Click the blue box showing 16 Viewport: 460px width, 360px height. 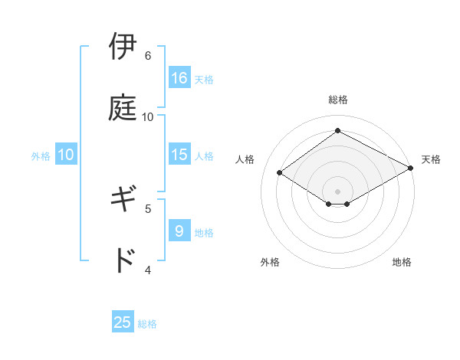(x=179, y=77)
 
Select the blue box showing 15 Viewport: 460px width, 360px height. (x=179, y=155)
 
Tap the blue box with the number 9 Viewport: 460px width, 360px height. (x=179, y=231)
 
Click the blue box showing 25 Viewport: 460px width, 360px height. (x=123, y=322)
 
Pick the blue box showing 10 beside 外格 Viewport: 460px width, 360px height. (x=66, y=155)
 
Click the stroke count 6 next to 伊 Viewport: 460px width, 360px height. (x=148, y=56)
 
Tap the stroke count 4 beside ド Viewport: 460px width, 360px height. (x=148, y=270)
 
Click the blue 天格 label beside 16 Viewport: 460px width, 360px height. (x=204, y=79)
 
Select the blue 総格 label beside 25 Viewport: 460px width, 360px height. (x=147, y=324)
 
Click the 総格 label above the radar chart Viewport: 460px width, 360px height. (x=338, y=100)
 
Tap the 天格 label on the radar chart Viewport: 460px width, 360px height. (x=431, y=159)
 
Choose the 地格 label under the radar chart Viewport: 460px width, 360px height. (x=402, y=262)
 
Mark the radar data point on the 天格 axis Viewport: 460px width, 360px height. (x=411, y=169)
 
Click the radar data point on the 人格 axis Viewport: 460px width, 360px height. (x=280, y=173)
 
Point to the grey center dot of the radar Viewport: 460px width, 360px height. (x=338, y=191)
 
